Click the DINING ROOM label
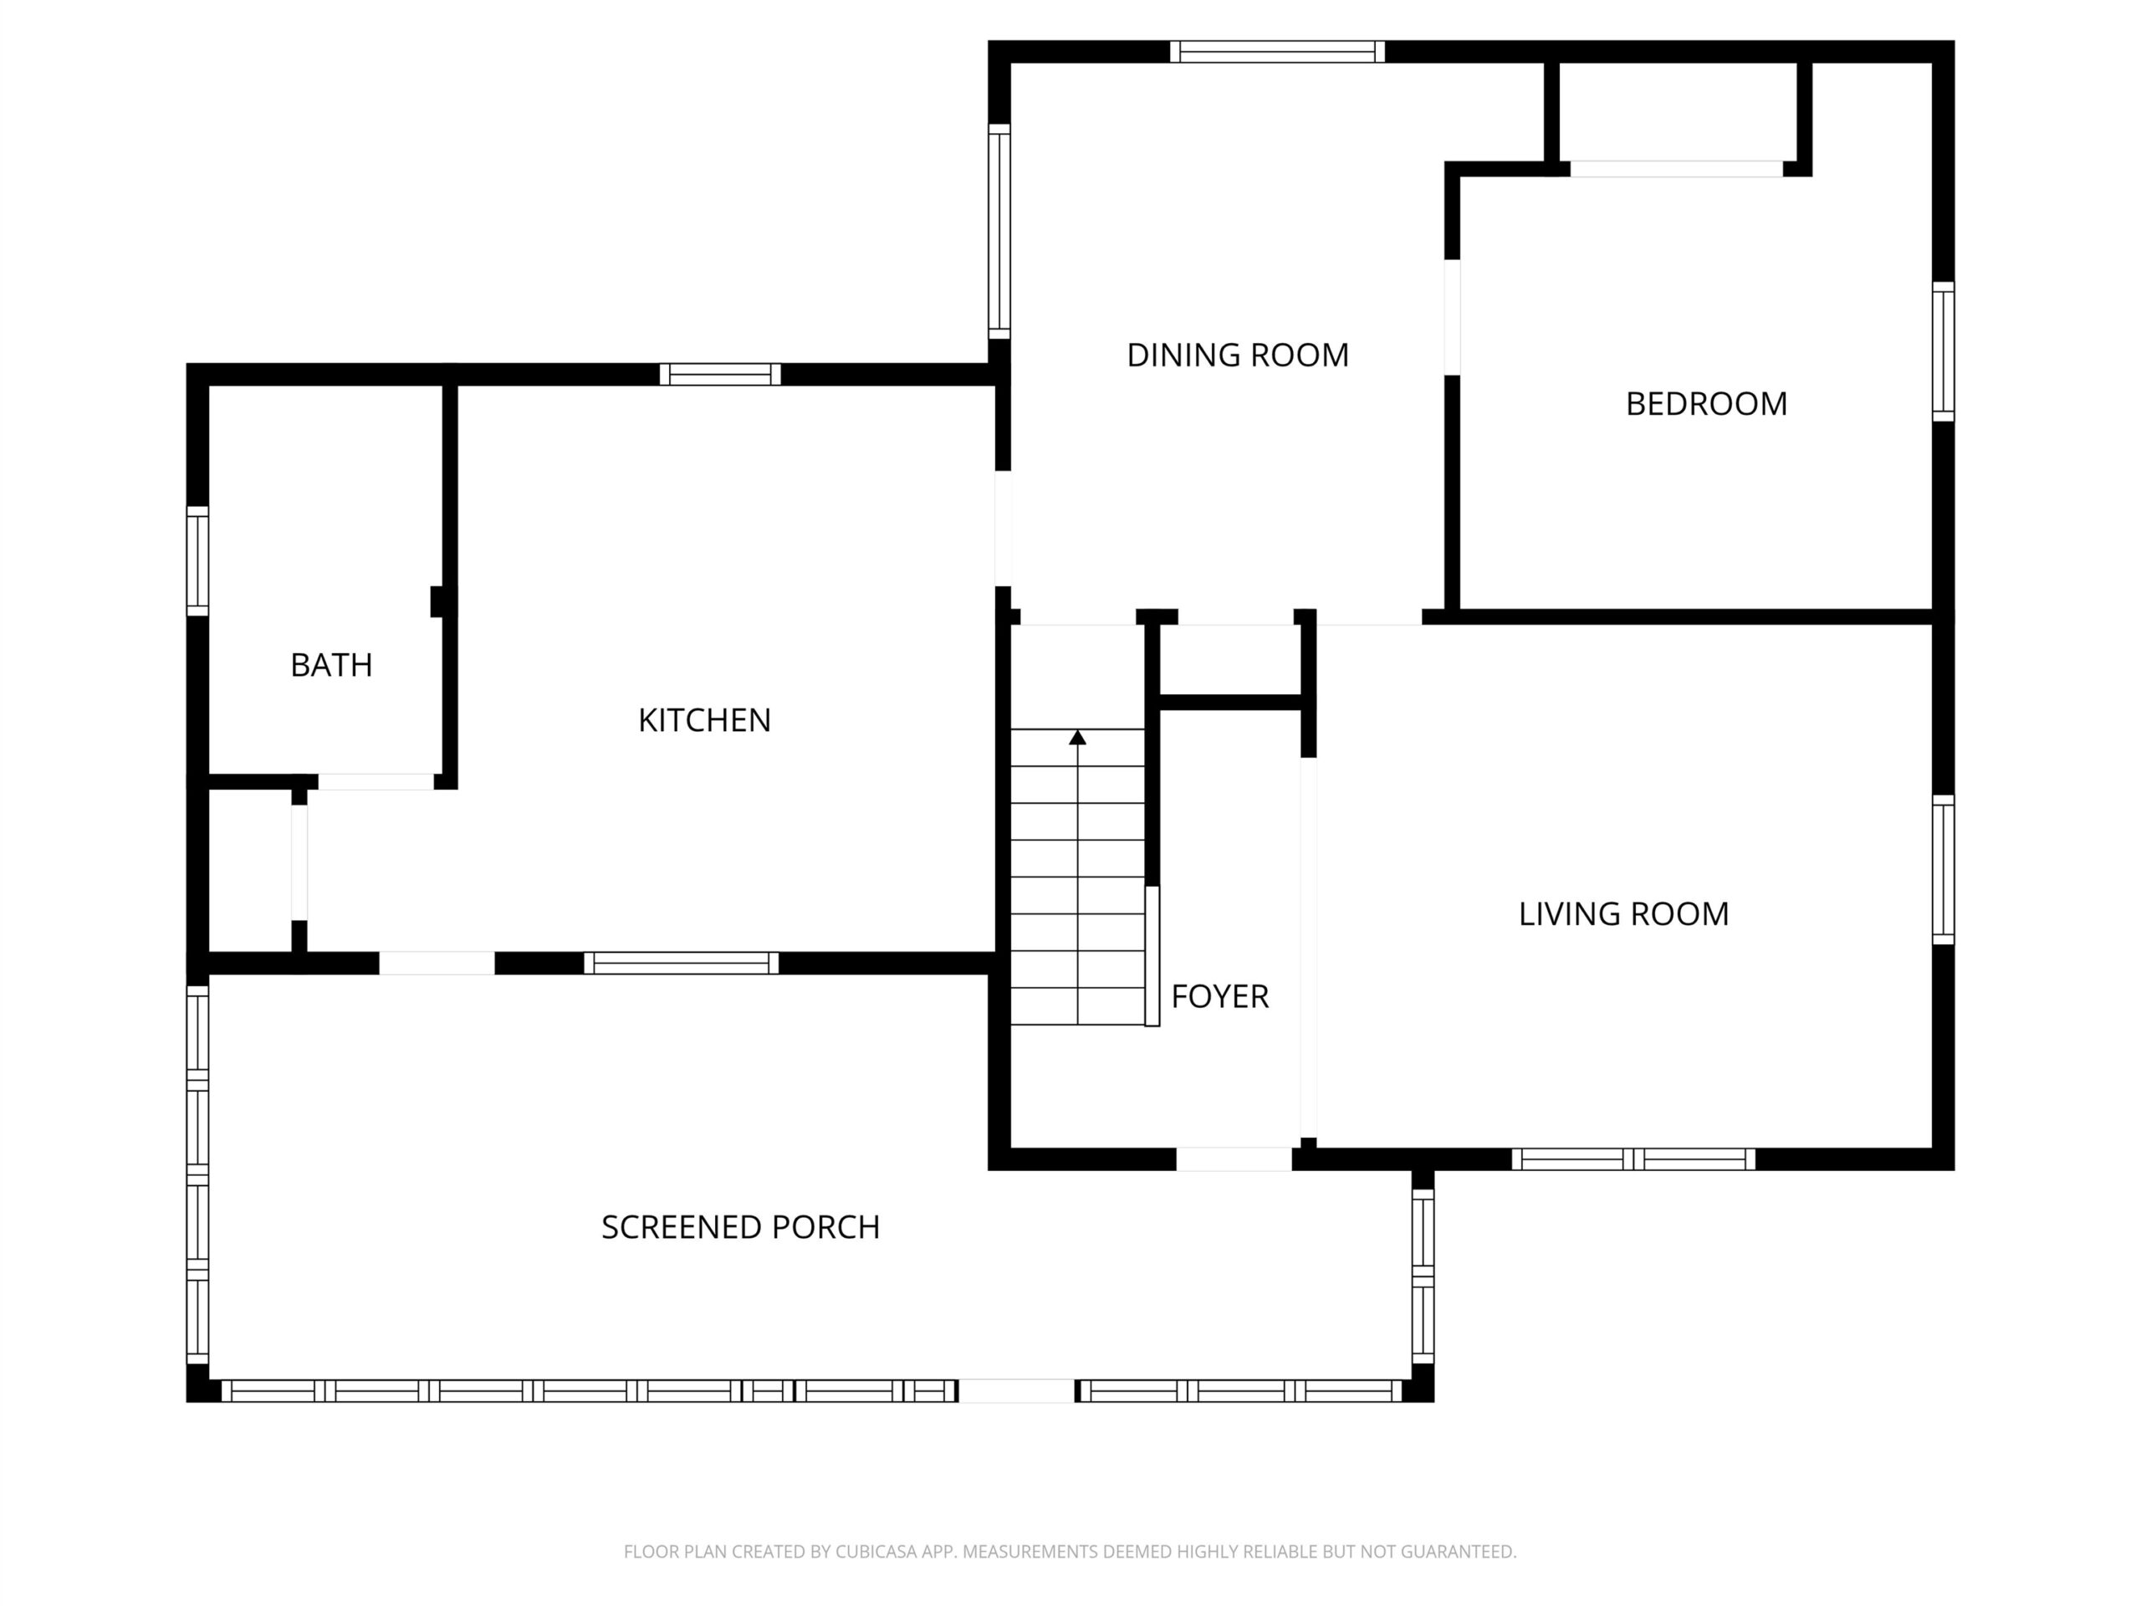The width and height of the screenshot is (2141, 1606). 1237,355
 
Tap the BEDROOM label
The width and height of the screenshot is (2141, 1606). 1705,404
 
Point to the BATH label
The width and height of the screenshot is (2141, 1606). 331,665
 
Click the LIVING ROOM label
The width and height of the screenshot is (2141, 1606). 1623,914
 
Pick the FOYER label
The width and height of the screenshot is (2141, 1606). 1219,996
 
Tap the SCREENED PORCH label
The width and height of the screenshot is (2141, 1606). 740,1227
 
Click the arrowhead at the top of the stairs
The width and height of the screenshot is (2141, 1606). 1077,738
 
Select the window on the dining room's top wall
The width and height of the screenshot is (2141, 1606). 1277,51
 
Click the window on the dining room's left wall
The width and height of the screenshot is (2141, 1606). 999,232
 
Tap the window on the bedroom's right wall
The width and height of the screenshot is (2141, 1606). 1943,351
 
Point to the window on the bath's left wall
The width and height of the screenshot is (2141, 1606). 197,560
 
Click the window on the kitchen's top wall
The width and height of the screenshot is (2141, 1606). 720,374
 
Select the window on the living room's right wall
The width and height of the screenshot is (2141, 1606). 1943,869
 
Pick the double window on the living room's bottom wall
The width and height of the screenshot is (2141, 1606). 1633,1158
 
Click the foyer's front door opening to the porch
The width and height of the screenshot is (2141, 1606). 1234,1158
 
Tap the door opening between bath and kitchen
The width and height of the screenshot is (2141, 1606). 376,781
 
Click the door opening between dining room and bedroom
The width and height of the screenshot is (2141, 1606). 1452,318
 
